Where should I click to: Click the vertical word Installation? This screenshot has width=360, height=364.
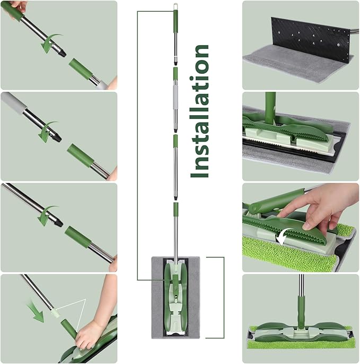200,111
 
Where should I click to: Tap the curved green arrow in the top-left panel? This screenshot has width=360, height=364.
51,43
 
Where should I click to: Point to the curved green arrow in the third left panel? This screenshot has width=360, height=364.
48,215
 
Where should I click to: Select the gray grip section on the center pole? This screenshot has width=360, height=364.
175,96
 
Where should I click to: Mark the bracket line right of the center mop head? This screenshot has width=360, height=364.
223,297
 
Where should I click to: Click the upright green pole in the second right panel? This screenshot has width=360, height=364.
270,107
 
